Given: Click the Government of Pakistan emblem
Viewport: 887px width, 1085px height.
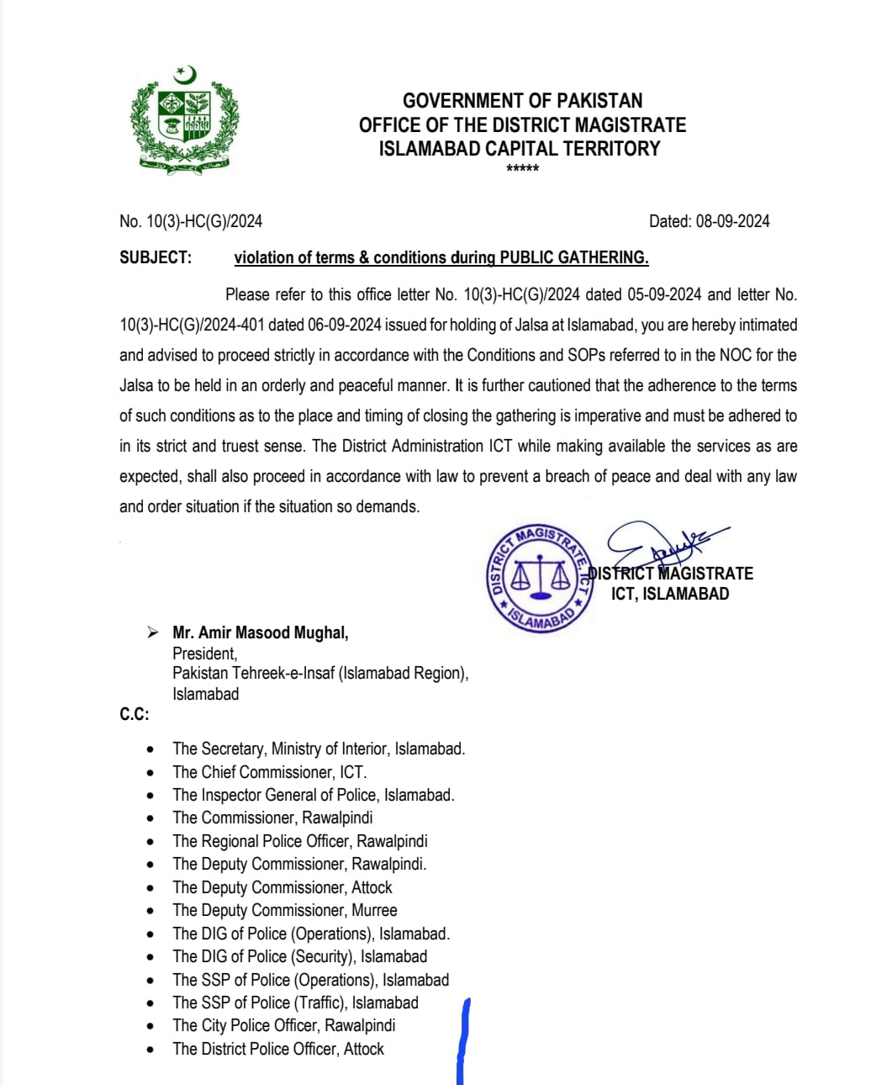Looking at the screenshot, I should click(184, 120).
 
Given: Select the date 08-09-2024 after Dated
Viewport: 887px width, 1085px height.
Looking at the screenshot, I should click(732, 221).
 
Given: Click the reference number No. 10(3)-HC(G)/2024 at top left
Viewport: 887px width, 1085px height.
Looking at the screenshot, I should click(191, 221).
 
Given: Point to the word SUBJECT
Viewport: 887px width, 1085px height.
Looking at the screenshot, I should click(156, 257).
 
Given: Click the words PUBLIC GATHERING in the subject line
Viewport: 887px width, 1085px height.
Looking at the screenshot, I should click(574, 257).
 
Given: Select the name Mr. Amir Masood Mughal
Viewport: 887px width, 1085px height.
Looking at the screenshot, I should click(261, 632).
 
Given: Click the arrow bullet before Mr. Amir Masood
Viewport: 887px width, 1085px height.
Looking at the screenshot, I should click(152, 632).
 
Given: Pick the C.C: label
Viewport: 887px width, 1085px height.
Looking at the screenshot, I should click(134, 714).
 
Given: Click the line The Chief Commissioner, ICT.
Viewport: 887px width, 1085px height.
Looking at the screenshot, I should click(269, 772).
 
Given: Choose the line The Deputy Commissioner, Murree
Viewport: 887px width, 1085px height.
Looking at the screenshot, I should click(284, 910).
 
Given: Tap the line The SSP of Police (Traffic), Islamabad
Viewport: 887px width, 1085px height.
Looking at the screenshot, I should click(295, 1003).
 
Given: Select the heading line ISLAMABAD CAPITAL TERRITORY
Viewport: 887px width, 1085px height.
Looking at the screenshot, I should click(520, 149).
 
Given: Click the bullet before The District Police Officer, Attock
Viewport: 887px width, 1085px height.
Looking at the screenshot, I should click(150, 1050).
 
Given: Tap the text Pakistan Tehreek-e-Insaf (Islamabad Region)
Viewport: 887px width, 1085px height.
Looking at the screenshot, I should click(320, 673).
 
